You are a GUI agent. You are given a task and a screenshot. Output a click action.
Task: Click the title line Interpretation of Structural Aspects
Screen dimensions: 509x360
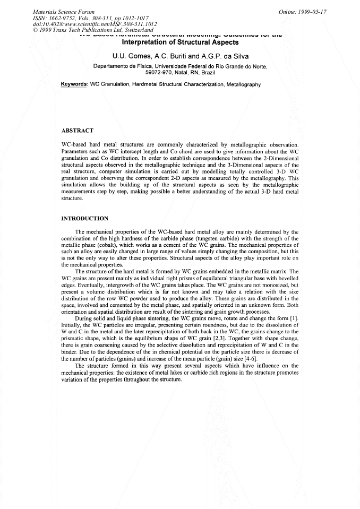180,42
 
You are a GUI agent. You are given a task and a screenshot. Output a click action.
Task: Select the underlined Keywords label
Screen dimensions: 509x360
74,84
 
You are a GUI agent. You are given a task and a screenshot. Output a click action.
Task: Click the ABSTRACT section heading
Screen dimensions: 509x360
78,131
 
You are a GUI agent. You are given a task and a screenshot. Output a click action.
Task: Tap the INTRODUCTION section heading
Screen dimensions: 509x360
85,219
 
